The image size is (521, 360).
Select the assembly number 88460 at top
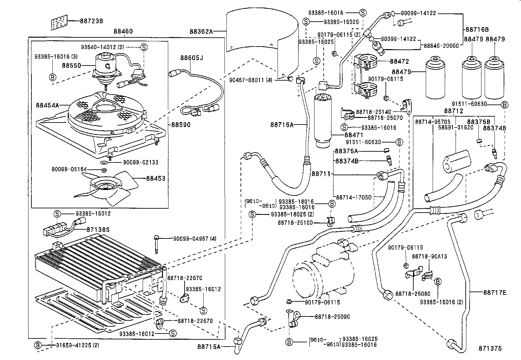tap(123, 31)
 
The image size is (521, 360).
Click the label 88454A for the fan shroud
tap(47, 105)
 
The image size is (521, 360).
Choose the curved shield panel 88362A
tap(262, 36)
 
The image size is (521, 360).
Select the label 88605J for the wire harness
tap(191, 58)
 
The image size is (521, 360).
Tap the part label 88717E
tap(494, 293)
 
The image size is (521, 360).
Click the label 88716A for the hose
tap(282, 124)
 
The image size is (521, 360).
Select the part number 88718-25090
tap(332, 317)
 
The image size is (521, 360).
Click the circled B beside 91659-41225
tap(38, 345)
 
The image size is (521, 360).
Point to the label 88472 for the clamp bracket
tap(399, 61)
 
